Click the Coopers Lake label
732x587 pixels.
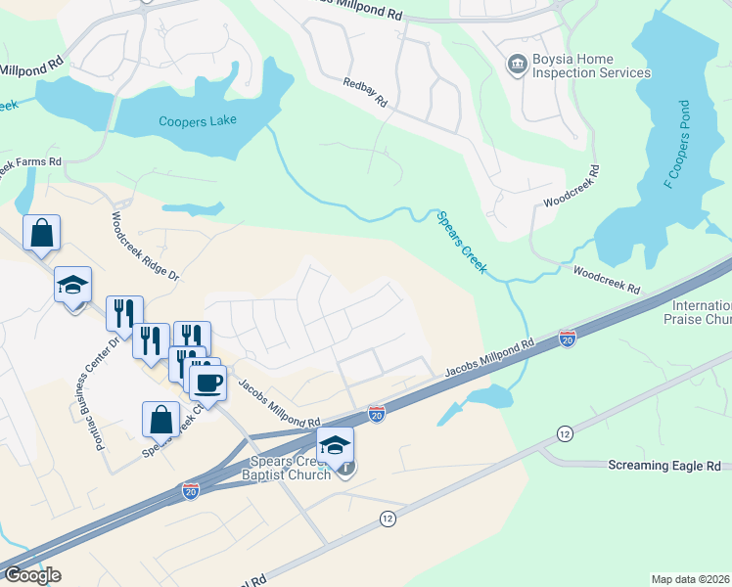pyautogui.click(x=199, y=122)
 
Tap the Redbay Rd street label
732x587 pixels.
pyautogui.click(x=365, y=92)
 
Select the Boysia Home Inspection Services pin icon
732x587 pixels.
pyautogui.click(x=515, y=65)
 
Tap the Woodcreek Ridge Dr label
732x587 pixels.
pyautogui.click(x=146, y=248)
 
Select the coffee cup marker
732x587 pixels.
pyautogui.click(x=207, y=382)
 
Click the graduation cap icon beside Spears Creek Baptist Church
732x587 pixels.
pyautogui.click(x=335, y=444)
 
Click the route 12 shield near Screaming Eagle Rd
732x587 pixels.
pyautogui.click(x=564, y=431)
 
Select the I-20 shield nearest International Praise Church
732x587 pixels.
pyautogui.click(x=568, y=339)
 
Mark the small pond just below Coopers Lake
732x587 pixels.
pyautogui.click(x=193, y=207)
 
